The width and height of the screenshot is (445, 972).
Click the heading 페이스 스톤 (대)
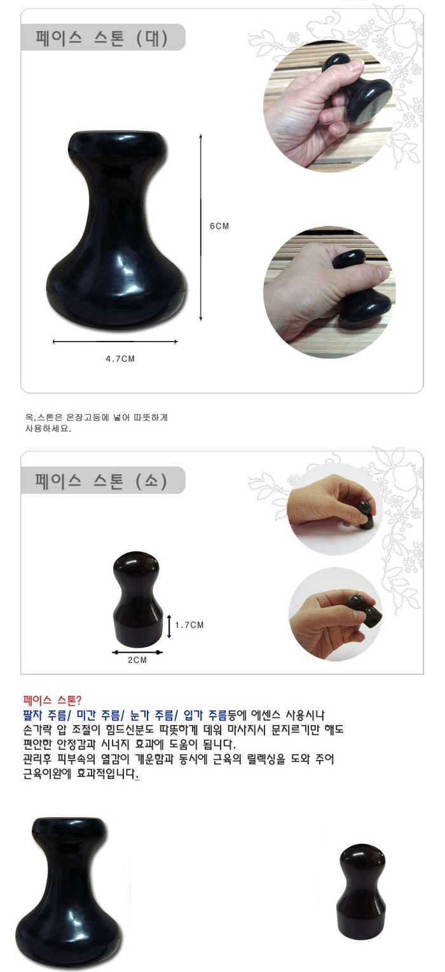coord(102,38)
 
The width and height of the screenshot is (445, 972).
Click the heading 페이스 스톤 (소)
coord(101,481)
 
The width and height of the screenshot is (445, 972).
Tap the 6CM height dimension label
coord(219,226)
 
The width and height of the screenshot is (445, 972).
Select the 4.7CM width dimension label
coord(120,359)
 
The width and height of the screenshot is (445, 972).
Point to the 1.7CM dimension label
coord(189,625)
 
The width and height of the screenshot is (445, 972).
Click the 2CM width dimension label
coord(137,660)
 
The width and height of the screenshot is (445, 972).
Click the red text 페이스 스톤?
coord(52,700)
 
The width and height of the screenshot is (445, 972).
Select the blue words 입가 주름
coord(205,715)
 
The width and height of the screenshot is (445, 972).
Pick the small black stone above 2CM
coord(137,599)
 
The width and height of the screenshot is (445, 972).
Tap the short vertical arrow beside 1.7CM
coord(169,626)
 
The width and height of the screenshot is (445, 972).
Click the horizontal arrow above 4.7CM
coord(115,342)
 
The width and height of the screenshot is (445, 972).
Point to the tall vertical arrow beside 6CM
coord(201,228)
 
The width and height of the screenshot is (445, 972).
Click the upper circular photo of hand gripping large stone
coord(329,106)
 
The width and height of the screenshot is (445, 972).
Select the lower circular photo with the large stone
coord(329,292)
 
